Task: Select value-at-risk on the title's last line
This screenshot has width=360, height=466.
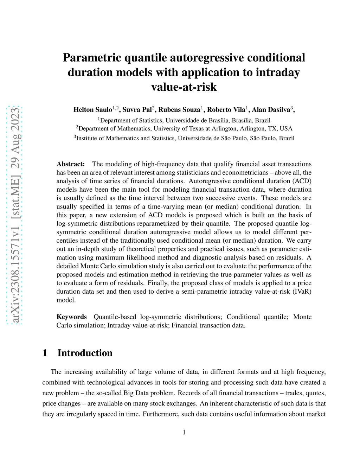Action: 184,87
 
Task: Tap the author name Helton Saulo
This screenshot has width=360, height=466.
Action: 92,110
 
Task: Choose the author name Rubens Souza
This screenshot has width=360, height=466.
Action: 179,110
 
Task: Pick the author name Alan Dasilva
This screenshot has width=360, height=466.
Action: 271,110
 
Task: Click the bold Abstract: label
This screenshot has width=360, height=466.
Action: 71,164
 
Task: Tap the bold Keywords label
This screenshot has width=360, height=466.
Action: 71,317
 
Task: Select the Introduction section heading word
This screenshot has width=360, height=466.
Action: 85,353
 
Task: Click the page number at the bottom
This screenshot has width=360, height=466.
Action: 184,432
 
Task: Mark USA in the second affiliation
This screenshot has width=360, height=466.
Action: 286,129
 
